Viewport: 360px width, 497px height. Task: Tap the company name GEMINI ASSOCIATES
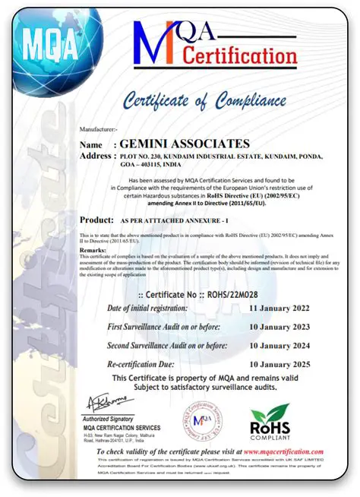pos(185,144)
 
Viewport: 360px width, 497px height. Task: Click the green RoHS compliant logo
pos(270,423)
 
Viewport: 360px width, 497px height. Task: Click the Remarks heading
pos(93,250)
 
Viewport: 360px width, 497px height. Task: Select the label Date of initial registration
pos(147,309)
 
